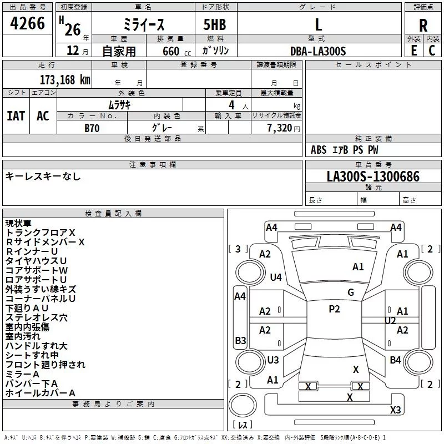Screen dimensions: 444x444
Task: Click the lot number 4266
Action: point(28,23)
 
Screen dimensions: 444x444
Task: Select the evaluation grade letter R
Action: point(423,25)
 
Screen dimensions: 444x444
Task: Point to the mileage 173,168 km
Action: point(65,79)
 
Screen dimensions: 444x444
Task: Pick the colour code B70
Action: point(92,127)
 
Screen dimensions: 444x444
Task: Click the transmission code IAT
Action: point(16,116)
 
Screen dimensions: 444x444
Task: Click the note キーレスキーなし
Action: point(43,176)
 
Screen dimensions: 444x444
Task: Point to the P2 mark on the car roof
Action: point(334,309)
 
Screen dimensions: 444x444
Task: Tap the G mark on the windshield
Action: point(350,292)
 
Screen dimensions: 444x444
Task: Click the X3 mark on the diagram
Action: point(395,410)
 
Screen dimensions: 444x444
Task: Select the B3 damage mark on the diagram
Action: point(240,340)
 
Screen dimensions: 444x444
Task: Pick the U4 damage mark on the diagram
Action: point(276,277)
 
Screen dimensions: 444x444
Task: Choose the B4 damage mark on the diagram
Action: point(395,360)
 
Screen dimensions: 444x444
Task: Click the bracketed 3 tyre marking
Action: point(238,249)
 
